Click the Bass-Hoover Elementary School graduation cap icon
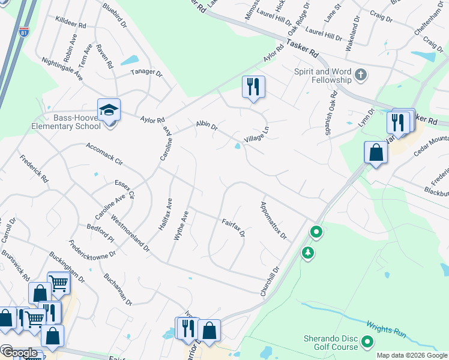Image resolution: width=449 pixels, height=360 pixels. [x=109, y=110]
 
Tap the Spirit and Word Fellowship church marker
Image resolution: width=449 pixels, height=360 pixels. [x=360, y=74]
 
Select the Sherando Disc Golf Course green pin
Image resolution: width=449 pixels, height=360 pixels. [x=366, y=343]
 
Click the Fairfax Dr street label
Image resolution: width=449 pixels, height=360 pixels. [x=234, y=228]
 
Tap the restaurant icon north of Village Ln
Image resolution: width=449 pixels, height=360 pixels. [x=253, y=87]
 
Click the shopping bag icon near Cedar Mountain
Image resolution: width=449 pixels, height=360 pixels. [x=376, y=152]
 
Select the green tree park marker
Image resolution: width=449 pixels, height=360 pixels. [x=308, y=253]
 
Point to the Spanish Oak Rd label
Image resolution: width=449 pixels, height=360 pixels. [x=332, y=113]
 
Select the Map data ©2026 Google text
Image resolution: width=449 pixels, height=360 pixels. [x=411, y=355]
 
